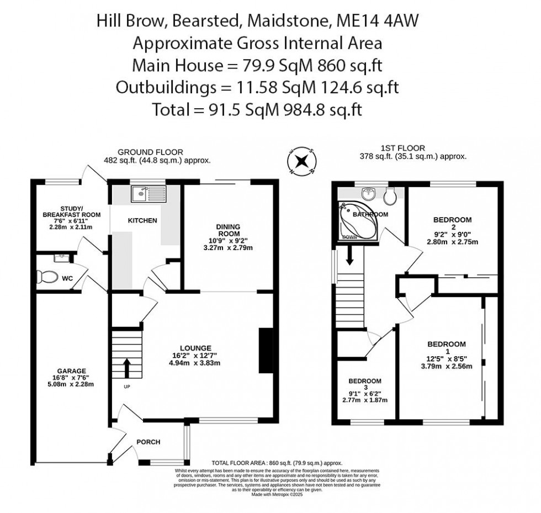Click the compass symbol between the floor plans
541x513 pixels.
click(301, 161)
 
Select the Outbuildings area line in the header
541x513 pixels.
click(257, 87)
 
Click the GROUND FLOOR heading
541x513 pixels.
click(151, 152)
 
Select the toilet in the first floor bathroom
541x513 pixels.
click(389, 195)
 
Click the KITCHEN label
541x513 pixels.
click(142, 220)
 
